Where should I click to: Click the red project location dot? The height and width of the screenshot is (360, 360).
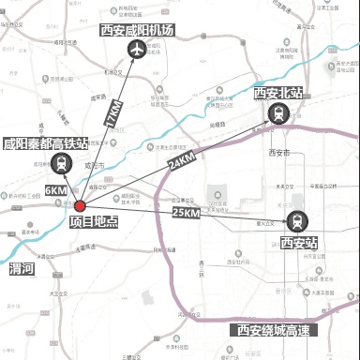pos(81,206)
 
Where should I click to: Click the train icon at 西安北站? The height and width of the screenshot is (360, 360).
pos(278,113)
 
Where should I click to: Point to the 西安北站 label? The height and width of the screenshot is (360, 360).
pos(278,93)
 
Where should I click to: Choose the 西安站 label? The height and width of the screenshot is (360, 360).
pos(299,243)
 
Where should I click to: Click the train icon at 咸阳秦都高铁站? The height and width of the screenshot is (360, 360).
pos(61,164)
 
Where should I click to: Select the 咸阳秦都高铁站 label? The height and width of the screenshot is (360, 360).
pos(46,143)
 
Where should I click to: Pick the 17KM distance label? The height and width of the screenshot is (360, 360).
pos(113,115)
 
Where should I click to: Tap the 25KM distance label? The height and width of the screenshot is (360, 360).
pos(187,214)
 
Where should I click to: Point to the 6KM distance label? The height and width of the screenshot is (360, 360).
pos(56,190)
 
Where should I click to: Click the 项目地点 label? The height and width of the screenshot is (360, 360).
pos(93,223)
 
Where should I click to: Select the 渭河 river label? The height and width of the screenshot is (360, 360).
pos(21,269)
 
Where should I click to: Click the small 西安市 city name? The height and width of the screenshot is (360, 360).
pos(279,152)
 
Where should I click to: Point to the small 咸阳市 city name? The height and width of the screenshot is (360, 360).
pos(93,165)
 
